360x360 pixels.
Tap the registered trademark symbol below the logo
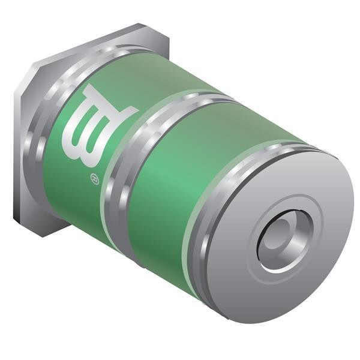95,179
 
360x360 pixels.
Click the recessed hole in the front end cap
286,241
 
